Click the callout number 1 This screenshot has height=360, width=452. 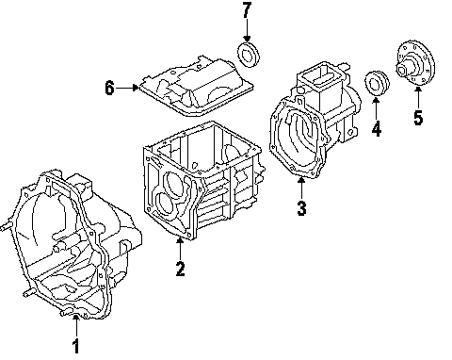[x=75, y=346]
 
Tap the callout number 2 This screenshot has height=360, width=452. [x=180, y=269]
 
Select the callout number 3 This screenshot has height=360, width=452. [x=301, y=207]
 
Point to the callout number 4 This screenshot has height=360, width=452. [x=377, y=128]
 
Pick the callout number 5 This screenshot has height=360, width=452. [x=418, y=118]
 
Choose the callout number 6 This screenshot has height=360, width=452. [x=109, y=88]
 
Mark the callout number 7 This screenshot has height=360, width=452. [x=247, y=10]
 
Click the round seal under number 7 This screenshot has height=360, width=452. [x=248, y=54]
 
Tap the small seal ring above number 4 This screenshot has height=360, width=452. [x=377, y=84]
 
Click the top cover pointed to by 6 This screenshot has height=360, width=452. [x=197, y=87]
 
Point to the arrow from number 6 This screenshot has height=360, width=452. [x=127, y=88]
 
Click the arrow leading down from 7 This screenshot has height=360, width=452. [x=247, y=30]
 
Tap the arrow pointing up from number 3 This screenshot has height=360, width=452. [x=301, y=188]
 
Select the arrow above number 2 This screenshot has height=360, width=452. [x=180, y=249]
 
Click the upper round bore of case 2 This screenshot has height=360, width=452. [x=176, y=182]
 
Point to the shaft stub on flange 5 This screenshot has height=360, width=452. [x=404, y=68]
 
